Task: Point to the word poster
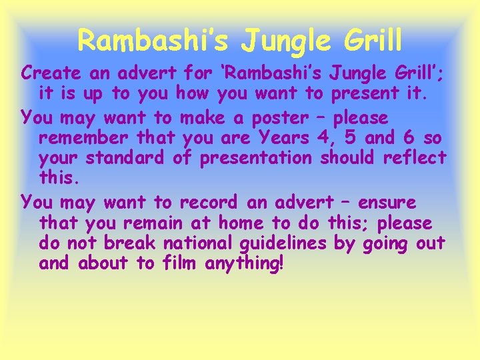[x=280, y=119]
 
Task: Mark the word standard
[x=131, y=159]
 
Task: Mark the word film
[x=180, y=264]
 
